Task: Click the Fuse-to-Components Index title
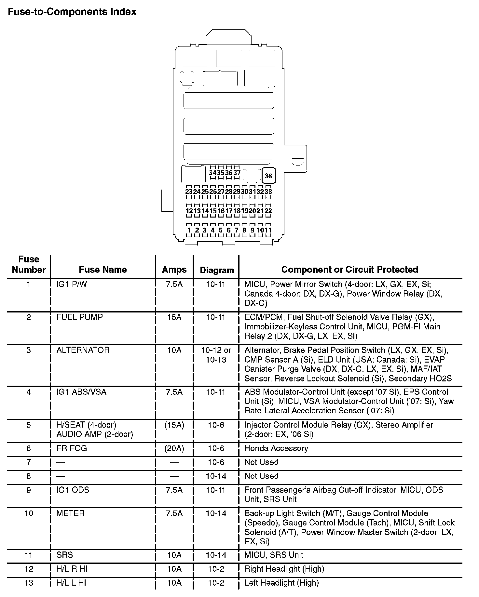(x=72, y=12)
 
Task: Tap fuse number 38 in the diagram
(x=268, y=176)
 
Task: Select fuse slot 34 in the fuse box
(x=212, y=173)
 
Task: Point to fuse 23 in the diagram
(x=189, y=192)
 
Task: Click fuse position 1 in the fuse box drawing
(x=189, y=230)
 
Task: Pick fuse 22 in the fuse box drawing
(x=268, y=211)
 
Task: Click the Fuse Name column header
(x=103, y=270)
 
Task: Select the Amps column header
(x=174, y=270)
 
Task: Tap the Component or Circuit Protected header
(x=349, y=270)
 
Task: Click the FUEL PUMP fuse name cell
(x=80, y=317)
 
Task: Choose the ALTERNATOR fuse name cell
(x=83, y=350)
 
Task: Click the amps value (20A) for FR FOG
(x=174, y=448)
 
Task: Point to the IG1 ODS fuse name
(x=73, y=490)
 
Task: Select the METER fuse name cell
(x=71, y=513)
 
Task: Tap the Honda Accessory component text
(x=276, y=448)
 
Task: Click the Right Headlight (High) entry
(x=284, y=569)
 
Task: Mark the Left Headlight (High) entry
(x=281, y=583)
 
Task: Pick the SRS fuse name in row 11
(x=64, y=555)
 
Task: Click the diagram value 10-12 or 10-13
(x=216, y=355)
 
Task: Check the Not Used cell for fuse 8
(x=261, y=476)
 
